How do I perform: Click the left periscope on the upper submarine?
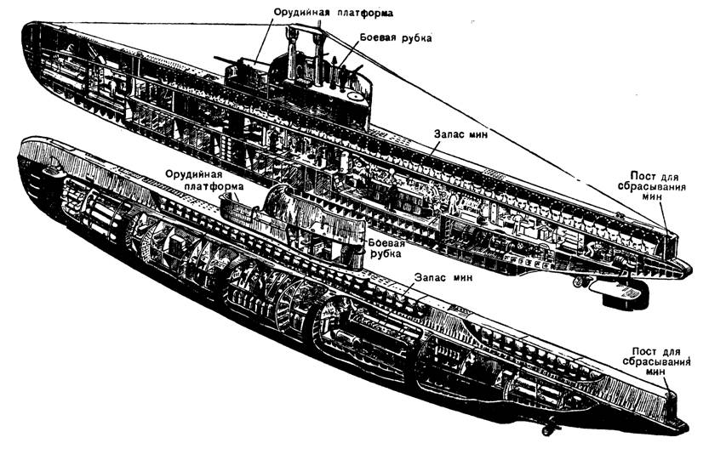pyautogui.click(x=292, y=51)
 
